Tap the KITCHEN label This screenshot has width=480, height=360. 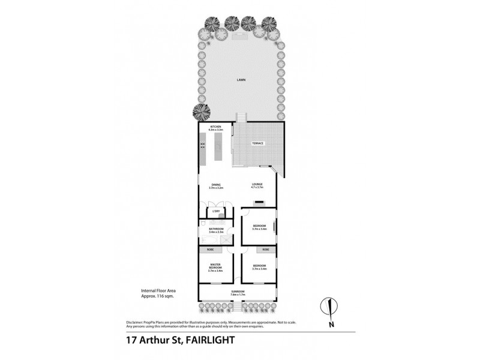click(x=216, y=127)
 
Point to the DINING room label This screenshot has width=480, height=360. click(x=216, y=184)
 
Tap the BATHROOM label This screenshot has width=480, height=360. click(x=216, y=229)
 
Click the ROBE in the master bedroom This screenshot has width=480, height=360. click(x=210, y=249)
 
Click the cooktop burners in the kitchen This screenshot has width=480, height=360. click(x=203, y=145)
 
